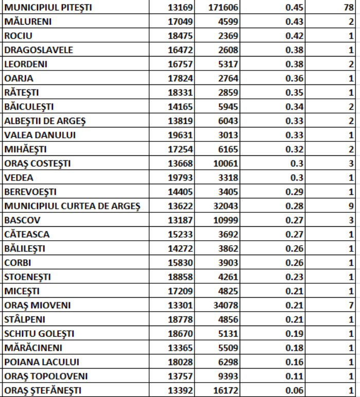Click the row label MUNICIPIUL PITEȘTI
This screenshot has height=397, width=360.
[x=51, y=8]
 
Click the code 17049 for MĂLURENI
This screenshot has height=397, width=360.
[x=179, y=22]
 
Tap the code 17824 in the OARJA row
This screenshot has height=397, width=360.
[x=179, y=79]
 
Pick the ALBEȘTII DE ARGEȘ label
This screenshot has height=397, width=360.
[x=45, y=121]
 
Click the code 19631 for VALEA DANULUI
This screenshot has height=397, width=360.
[x=179, y=135]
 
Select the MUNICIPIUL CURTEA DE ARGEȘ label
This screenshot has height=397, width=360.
[x=71, y=206]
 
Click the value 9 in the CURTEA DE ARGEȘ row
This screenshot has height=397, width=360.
[x=351, y=206]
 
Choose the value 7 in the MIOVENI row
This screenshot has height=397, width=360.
[x=351, y=305]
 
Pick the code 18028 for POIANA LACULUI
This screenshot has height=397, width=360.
[x=179, y=362]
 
